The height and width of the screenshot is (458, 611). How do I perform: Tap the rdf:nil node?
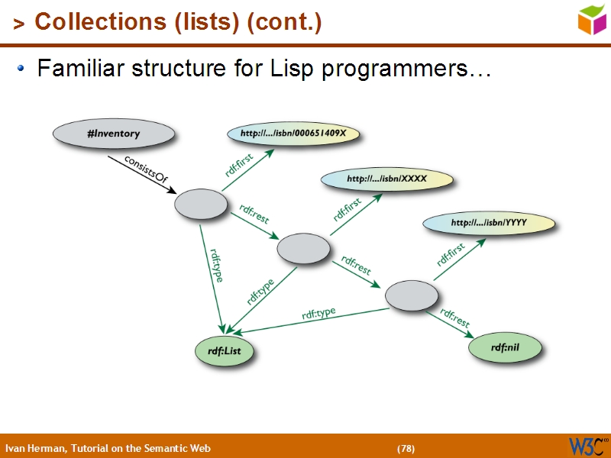click(505, 348)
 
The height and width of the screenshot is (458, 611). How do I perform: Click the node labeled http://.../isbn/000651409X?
click(293, 134)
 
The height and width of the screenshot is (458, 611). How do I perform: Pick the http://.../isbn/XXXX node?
click(387, 179)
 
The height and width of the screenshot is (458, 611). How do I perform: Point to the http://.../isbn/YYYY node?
click(489, 224)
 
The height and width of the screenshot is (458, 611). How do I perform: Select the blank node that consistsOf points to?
click(201, 205)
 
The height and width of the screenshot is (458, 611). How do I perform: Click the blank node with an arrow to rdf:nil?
click(412, 295)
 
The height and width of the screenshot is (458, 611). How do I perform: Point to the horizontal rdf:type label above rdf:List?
click(318, 313)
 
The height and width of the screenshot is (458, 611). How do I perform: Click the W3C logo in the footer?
click(588, 446)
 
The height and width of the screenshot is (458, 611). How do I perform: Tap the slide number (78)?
click(406, 448)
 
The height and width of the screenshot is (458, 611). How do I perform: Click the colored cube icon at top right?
click(592, 19)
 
